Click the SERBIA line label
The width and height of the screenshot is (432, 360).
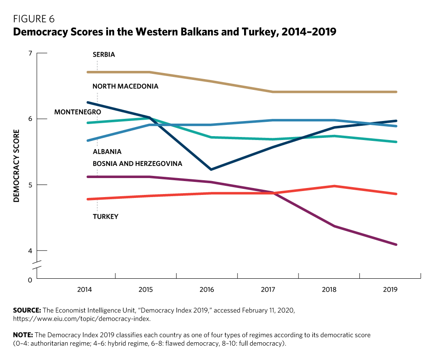click(104, 55)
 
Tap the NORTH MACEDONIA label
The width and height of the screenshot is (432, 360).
click(125, 86)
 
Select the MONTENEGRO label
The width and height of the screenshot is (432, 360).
click(77, 112)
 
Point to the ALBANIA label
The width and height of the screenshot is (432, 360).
click(107, 152)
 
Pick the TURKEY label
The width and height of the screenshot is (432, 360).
click(105, 216)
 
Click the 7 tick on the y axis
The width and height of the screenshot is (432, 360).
click(30, 53)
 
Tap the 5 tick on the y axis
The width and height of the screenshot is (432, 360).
click(30, 185)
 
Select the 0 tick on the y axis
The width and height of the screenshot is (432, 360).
click(30, 280)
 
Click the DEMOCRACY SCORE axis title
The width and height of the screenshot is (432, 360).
click(16, 166)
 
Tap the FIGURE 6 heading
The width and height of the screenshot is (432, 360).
click(34, 19)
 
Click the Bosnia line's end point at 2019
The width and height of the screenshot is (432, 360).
click(396, 245)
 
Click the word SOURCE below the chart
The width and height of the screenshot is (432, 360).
click(27, 310)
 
